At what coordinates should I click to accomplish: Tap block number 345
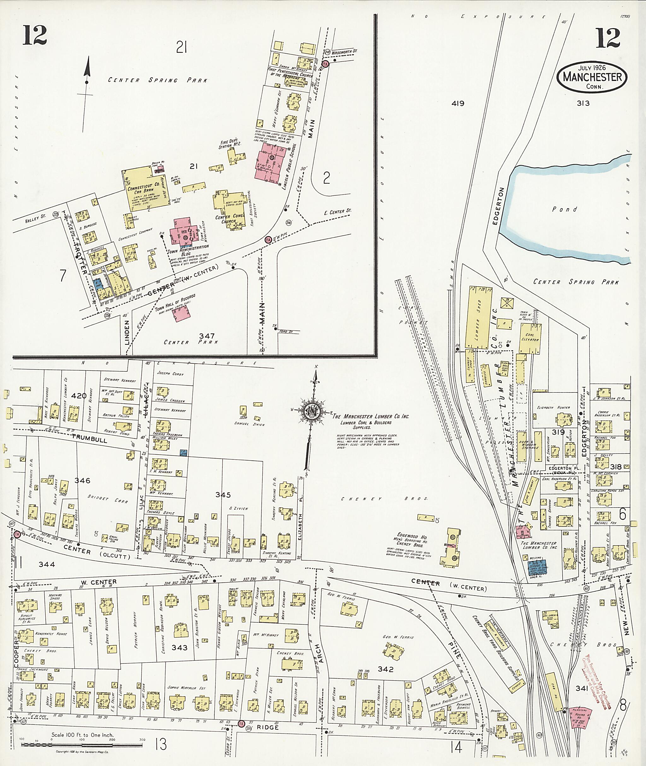223,495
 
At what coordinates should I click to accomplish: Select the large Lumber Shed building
478,318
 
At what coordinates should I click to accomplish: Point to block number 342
385,669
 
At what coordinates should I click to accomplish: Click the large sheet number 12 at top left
35,35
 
